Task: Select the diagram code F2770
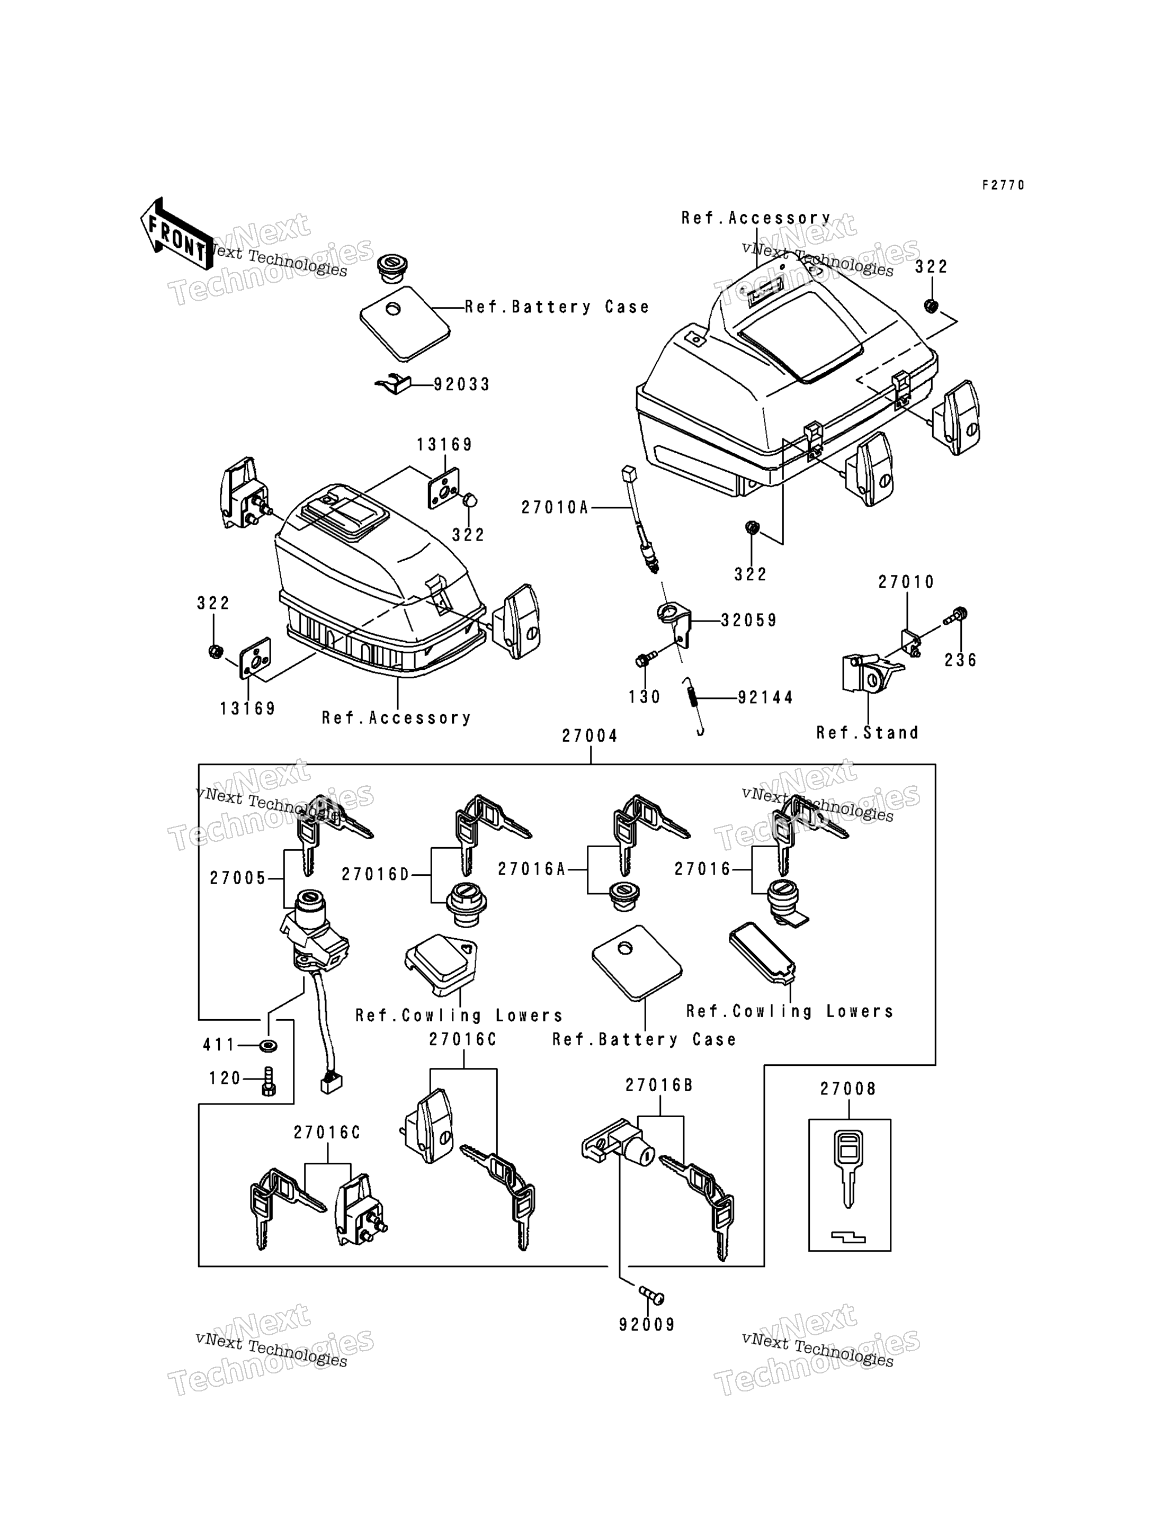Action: [1004, 185]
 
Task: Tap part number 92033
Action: [462, 384]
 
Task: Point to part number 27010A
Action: [554, 508]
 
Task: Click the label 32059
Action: [749, 621]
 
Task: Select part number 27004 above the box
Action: [590, 736]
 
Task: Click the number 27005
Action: [238, 878]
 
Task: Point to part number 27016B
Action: [658, 1085]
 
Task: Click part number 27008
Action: [848, 1089]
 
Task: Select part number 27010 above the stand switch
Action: [906, 582]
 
